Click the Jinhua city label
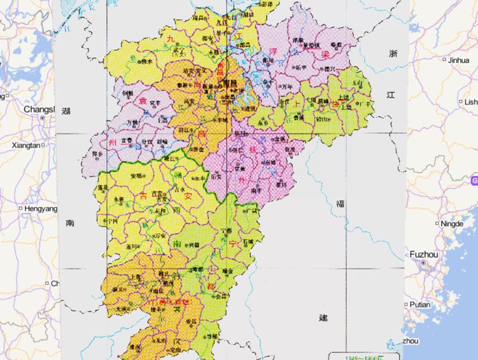tap(458, 60)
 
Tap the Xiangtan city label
tap(26, 145)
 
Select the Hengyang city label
tap(40, 209)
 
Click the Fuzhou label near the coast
tap(424, 254)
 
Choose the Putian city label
tap(420, 305)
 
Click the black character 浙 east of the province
tap(393, 53)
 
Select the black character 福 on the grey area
tap(340, 204)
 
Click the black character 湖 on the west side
tap(66, 111)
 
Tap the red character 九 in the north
tap(170, 39)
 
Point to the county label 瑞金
tap(227, 271)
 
